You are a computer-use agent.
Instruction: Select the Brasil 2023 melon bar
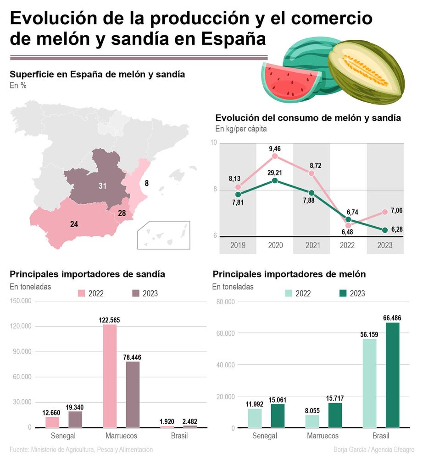pos(392,375)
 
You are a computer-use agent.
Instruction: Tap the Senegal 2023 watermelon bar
pos(75,419)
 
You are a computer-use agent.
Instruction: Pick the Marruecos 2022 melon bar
pos(312,421)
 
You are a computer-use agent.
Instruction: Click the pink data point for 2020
pos(275,156)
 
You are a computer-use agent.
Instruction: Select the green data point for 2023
pos(385,230)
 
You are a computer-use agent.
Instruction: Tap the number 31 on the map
pos(102,185)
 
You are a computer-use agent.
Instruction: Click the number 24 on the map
pos(74,224)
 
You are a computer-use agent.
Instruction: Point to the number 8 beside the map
pos(146,184)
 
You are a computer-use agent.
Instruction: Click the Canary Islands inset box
pos(163,235)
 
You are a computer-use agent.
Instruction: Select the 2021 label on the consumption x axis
pos(312,245)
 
